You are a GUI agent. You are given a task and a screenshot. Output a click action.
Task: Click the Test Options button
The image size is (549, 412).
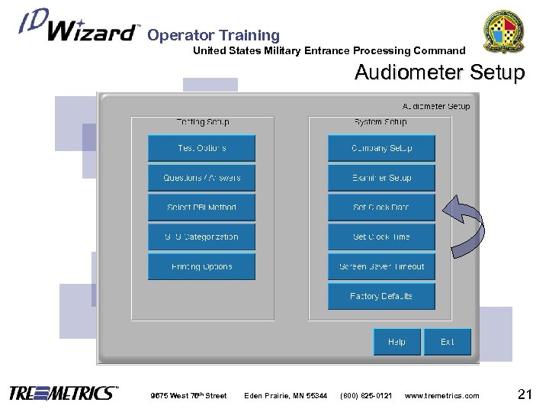[x=201, y=148]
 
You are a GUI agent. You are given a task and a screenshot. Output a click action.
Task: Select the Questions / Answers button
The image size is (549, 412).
[x=201, y=178]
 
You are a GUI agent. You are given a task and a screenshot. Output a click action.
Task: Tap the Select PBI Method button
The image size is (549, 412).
[x=201, y=208]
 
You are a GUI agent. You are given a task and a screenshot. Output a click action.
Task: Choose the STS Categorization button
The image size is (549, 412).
[x=201, y=237]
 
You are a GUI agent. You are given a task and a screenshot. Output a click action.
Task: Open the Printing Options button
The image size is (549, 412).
[x=201, y=266]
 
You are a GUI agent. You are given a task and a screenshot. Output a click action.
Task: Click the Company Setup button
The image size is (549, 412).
[x=381, y=148]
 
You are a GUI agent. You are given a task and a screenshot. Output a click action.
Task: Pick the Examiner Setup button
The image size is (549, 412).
[x=381, y=178]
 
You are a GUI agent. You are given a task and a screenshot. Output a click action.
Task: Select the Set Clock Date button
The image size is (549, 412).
[x=381, y=208]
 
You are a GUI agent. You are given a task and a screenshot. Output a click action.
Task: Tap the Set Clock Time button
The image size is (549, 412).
[x=381, y=237]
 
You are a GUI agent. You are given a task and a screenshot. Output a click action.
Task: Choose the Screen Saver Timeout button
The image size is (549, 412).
[x=381, y=266]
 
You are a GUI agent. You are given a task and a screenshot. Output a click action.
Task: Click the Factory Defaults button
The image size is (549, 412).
[x=381, y=296]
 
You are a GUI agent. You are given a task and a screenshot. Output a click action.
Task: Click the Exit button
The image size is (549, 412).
[x=448, y=342]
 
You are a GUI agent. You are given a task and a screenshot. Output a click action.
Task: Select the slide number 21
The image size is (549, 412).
[x=524, y=394]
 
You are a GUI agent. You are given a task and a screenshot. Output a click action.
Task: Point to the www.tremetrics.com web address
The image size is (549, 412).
[x=442, y=395]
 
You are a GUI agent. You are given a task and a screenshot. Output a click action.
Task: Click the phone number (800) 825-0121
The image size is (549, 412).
[x=367, y=395]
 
